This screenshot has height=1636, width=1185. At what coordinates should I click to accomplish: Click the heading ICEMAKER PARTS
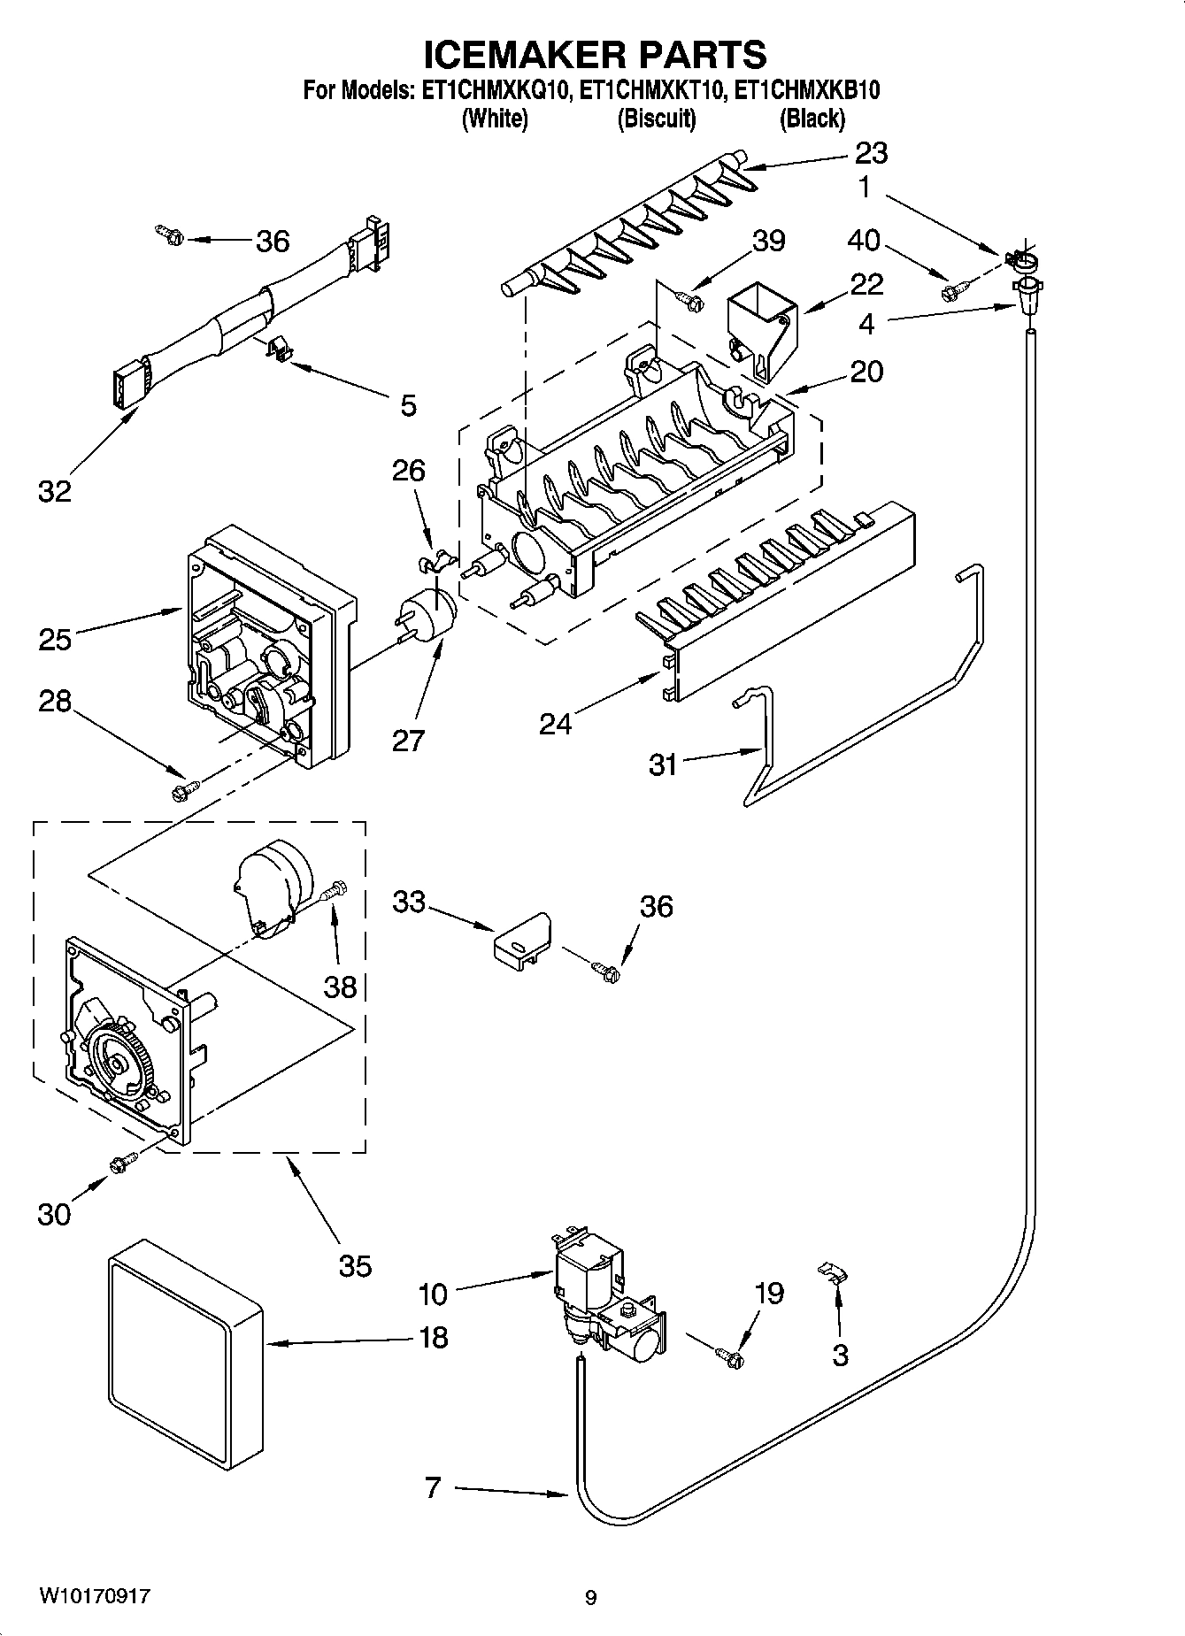click(x=594, y=55)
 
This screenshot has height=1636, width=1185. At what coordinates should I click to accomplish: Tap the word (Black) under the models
click(x=811, y=119)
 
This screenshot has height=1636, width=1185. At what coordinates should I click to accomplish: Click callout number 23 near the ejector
click(x=870, y=153)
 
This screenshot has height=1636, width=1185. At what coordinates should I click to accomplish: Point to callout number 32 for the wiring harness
click(x=54, y=490)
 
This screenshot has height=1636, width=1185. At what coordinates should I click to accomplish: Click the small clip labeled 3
click(x=831, y=1272)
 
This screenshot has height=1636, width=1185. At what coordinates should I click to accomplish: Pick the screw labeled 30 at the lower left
click(x=122, y=1164)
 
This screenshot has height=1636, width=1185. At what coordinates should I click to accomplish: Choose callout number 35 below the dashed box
click(x=355, y=1266)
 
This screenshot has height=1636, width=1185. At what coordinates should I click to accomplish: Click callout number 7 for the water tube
click(x=432, y=1489)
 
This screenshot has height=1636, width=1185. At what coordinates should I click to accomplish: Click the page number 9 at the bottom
click(x=590, y=1598)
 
